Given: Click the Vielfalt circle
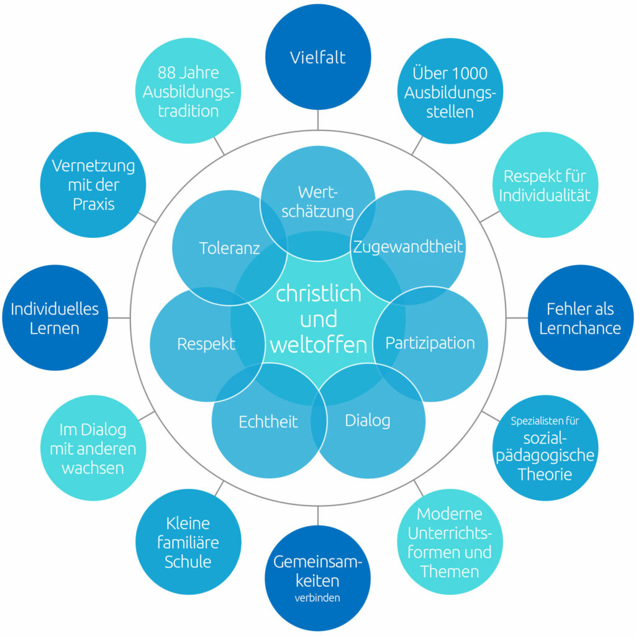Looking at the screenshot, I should (x=318, y=57).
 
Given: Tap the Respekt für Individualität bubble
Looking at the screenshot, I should (x=545, y=185).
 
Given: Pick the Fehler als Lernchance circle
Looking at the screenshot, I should (x=579, y=318).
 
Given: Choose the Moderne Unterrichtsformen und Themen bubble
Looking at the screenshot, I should (x=450, y=542).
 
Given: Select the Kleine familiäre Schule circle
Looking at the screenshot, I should (x=188, y=542).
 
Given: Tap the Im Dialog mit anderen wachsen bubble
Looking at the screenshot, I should (x=93, y=448).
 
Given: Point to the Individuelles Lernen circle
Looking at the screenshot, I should (x=55, y=318).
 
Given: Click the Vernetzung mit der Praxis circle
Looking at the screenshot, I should (x=93, y=184).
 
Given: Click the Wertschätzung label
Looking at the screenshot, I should (x=317, y=201).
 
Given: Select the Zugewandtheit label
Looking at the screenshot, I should (x=408, y=247).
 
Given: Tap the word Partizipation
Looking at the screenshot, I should (x=430, y=343).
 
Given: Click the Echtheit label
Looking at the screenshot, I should (x=268, y=422).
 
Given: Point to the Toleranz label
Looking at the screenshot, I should (x=229, y=248).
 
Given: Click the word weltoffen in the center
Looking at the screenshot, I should (x=318, y=345).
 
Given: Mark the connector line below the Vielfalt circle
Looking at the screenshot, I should (x=318, y=120).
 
